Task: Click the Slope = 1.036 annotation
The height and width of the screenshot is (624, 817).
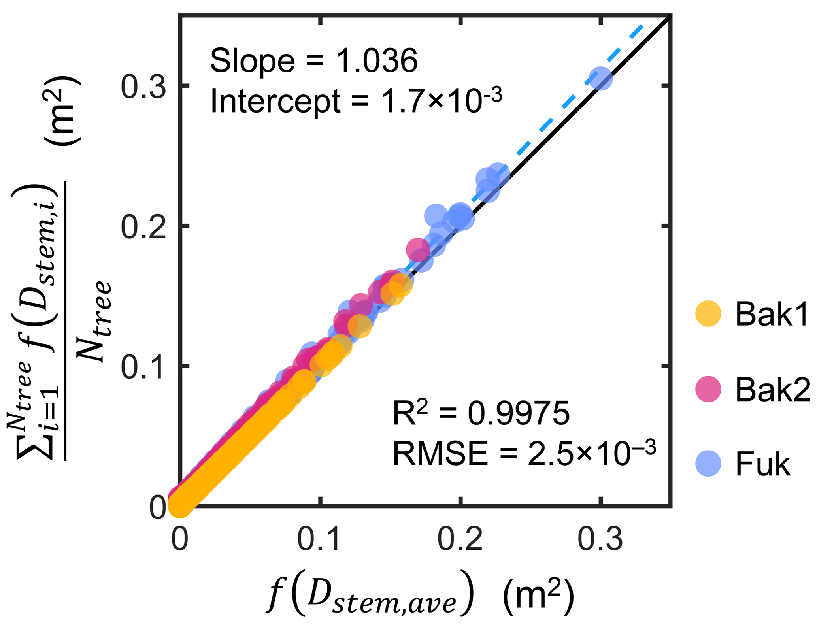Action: (313, 61)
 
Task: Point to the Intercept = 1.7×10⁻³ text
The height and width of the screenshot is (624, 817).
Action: (356, 101)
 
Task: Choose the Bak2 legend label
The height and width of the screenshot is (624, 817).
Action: (773, 389)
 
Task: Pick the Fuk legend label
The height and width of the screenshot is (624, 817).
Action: (762, 464)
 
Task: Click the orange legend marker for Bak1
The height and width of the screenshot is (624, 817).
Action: (708, 314)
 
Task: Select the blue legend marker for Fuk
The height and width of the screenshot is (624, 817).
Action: (708, 464)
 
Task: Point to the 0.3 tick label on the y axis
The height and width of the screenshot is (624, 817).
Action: (143, 87)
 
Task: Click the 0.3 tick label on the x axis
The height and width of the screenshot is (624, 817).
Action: (600, 539)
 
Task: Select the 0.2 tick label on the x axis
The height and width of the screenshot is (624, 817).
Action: (460, 539)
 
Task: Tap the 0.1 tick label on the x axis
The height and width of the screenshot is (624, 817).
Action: (319, 539)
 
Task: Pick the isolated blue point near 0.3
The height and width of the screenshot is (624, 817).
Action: (600, 79)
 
